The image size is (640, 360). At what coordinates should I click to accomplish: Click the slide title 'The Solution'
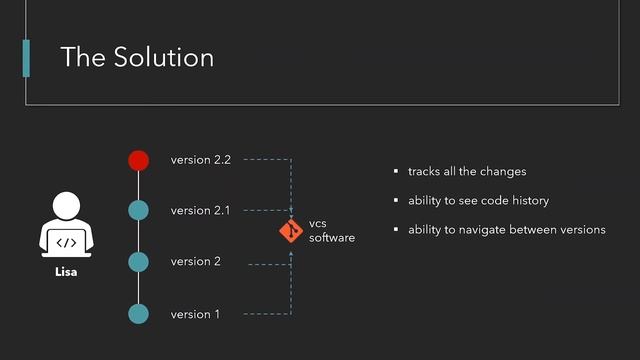tap(137, 57)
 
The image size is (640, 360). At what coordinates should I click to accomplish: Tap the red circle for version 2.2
tap(139, 160)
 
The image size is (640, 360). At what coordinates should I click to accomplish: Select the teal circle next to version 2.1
tap(139, 211)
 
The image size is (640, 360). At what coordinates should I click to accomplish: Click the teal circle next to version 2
tap(139, 262)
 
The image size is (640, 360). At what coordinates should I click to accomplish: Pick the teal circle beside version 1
tap(139, 314)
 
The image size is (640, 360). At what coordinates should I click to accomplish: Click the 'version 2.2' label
tap(200, 160)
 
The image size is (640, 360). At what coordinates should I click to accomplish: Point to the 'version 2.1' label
tap(200, 211)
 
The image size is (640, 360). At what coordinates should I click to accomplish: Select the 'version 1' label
tap(195, 314)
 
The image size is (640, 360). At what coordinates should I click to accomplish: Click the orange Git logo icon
tap(290, 232)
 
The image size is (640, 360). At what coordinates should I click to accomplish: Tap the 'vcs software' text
tap(331, 231)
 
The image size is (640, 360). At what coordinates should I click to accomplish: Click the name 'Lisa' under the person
tap(65, 271)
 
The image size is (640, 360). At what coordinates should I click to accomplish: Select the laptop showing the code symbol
tap(65, 242)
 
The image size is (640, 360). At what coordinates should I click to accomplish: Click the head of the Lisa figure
tap(65, 207)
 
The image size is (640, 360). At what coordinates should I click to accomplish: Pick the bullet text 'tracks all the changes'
tap(466, 172)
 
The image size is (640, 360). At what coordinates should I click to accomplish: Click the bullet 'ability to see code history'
tap(478, 201)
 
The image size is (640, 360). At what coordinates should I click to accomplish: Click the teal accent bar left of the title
tap(26, 57)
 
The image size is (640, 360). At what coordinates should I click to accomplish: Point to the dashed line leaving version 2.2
tap(265, 159)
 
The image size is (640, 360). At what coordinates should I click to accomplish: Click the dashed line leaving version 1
tap(265, 314)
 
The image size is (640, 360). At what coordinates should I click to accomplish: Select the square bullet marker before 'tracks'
tap(396, 172)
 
